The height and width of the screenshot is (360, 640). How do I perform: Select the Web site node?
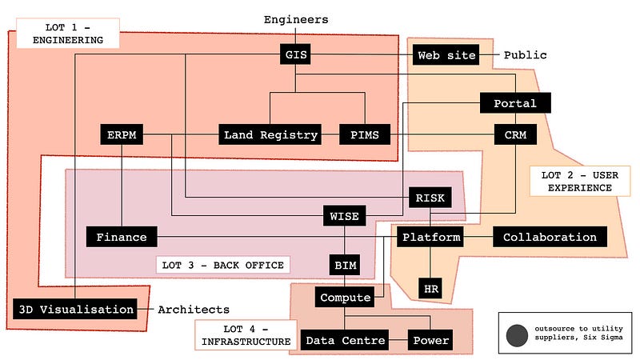click(x=446, y=55)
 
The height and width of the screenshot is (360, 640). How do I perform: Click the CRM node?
click(x=514, y=135)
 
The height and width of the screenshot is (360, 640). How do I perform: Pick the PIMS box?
click(x=365, y=135)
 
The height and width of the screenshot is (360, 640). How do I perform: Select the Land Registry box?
click(x=270, y=135)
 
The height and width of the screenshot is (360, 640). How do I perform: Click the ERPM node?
click(x=122, y=135)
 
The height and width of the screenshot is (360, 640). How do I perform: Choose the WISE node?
click(x=345, y=216)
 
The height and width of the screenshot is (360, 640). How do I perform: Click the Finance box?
click(x=122, y=237)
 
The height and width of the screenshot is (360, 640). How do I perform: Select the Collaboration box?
click(x=550, y=237)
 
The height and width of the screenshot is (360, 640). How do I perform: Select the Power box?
click(x=431, y=341)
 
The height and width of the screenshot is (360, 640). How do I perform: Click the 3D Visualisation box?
click(x=74, y=309)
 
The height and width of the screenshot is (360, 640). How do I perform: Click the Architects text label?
click(x=193, y=310)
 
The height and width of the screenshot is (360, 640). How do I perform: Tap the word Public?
click(x=525, y=55)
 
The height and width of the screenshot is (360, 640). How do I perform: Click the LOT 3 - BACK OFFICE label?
click(x=221, y=265)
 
